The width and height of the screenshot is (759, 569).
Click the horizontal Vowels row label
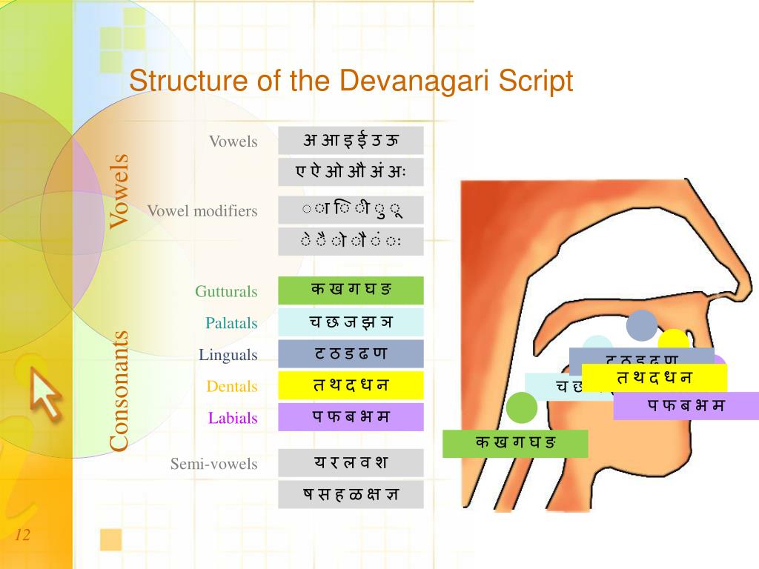point(233,142)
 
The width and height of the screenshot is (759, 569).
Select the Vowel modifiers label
point(202,211)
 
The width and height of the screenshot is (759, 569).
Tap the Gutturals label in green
point(226,291)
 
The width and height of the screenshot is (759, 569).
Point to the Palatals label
point(231,323)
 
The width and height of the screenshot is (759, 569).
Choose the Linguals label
point(228,355)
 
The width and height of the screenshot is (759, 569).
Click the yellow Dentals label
point(232,386)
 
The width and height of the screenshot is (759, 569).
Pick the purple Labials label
point(233,418)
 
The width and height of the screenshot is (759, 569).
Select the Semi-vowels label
point(213,465)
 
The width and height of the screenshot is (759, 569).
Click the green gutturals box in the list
point(351,290)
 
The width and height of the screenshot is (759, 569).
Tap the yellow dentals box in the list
point(351,385)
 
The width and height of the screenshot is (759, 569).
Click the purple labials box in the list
point(351,417)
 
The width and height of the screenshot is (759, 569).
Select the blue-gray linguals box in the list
point(351,353)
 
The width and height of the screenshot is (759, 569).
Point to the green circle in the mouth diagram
point(522,408)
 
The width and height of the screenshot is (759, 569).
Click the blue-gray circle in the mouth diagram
point(642,325)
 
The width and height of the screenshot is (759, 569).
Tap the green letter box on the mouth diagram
point(515,444)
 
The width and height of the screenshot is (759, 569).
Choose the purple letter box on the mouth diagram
point(686,406)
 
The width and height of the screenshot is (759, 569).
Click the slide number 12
point(22,535)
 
